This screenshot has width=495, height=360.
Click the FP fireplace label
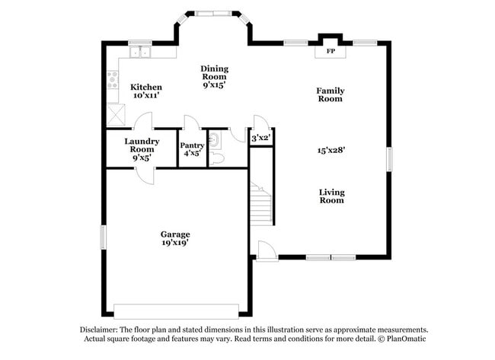331,52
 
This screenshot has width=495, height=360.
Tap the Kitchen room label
145,88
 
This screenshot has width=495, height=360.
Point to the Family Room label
331,94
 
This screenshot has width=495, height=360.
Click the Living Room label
331,196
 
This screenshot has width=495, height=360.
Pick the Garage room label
174,234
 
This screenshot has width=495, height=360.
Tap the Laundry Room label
142,145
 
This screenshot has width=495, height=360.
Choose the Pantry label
192,145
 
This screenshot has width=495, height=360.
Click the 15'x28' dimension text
331,150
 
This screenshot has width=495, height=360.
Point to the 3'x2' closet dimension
261,138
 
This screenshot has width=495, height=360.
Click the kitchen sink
140,53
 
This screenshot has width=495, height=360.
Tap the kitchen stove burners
113,78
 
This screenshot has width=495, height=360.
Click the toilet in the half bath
216,158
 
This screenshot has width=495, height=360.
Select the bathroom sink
214,138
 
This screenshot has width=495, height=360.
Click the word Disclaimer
101,330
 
